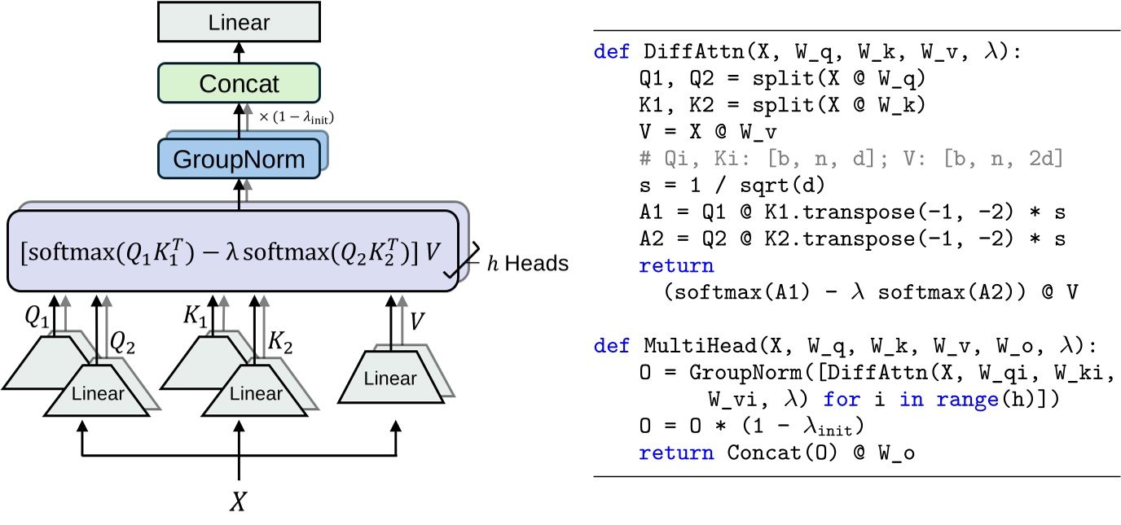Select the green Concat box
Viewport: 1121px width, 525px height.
point(239,83)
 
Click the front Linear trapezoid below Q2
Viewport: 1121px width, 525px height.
point(98,395)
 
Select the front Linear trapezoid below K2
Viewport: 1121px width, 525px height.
point(256,395)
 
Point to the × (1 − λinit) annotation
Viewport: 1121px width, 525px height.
point(297,118)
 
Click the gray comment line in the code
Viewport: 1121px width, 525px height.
point(851,158)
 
